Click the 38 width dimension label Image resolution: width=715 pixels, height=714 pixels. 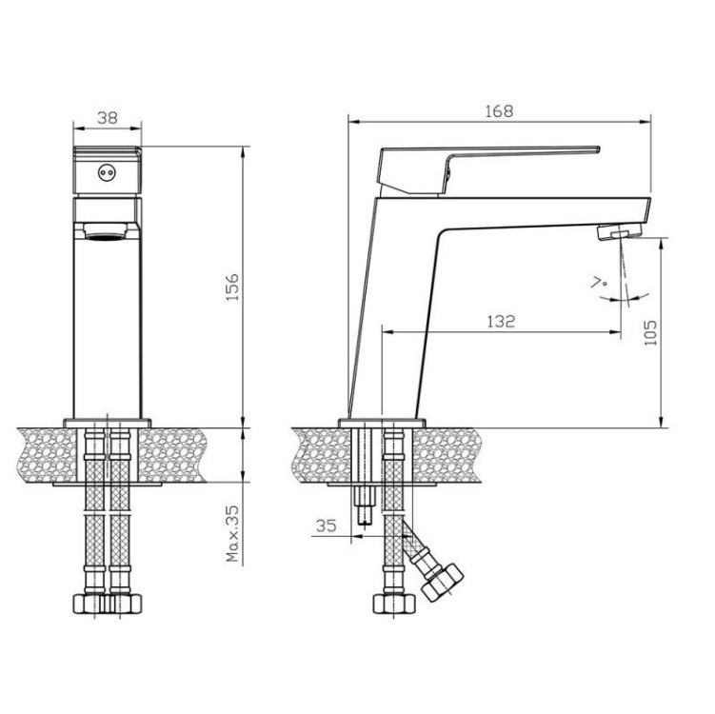pyautogui.click(x=108, y=118)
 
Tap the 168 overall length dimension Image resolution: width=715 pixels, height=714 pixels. pyautogui.click(x=499, y=110)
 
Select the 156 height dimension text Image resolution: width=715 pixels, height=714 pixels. pyautogui.click(x=232, y=287)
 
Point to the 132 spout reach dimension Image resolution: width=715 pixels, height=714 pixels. pyautogui.click(x=501, y=322)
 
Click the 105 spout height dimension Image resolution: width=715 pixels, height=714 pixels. pyautogui.click(x=650, y=332)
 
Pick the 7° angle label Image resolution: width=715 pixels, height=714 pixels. pyautogui.click(x=599, y=282)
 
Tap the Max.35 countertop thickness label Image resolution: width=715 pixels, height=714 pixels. pyautogui.click(x=232, y=533)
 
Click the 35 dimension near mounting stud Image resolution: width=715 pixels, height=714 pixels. pyautogui.click(x=326, y=526)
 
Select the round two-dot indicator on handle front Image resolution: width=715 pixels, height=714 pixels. pyautogui.click(x=108, y=172)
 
